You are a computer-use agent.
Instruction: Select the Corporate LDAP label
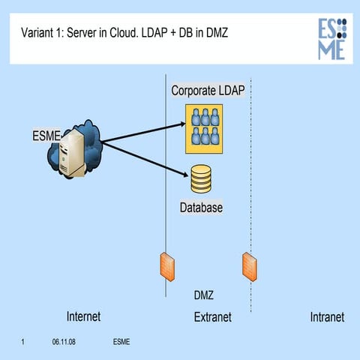208,91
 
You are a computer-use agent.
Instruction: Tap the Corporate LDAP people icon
205,125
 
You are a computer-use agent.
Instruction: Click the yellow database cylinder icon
201,179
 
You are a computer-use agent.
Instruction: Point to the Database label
201,206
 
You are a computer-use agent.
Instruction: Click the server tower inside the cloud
73,154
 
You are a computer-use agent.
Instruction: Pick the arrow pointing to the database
142,158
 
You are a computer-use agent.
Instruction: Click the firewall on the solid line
166,265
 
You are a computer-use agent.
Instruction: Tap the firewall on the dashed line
250,265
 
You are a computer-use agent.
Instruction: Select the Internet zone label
83,317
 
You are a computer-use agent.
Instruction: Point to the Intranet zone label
327,317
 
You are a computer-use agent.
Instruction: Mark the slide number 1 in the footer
24,343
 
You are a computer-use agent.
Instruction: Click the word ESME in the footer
121,343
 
